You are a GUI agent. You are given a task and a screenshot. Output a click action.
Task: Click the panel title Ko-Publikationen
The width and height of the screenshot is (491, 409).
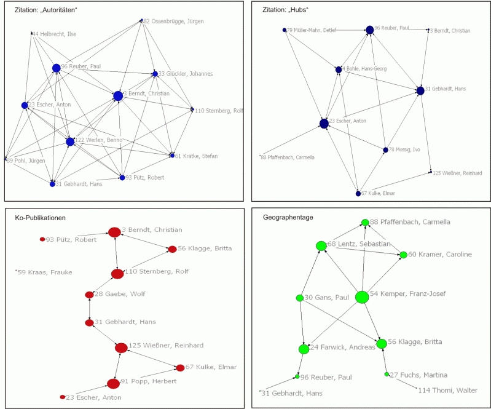point(40,218)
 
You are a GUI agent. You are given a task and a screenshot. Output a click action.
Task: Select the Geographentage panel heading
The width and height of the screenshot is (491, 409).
point(289,217)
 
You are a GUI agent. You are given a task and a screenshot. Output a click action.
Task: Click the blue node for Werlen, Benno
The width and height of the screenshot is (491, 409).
point(70,141)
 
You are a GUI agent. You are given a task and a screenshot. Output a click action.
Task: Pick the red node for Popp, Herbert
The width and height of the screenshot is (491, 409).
point(113,384)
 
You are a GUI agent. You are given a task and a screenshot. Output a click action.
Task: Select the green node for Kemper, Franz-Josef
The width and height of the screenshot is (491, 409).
point(361,297)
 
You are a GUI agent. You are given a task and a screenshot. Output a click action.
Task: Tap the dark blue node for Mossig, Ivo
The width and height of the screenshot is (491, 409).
point(385,150)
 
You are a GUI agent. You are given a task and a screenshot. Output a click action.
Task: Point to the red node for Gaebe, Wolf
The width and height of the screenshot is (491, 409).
point(89,295)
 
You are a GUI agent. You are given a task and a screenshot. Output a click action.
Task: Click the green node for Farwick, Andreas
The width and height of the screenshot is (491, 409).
point(304,349)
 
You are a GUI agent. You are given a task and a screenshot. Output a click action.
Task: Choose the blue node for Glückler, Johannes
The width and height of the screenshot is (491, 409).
point(155,74)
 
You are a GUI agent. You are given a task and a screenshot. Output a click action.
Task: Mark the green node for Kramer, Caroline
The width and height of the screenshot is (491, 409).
point(403,255)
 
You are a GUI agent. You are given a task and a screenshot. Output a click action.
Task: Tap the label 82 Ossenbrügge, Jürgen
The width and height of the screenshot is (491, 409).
point(173,22)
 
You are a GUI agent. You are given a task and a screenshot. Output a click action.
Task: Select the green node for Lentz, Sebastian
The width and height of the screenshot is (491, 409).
point(321,246)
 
